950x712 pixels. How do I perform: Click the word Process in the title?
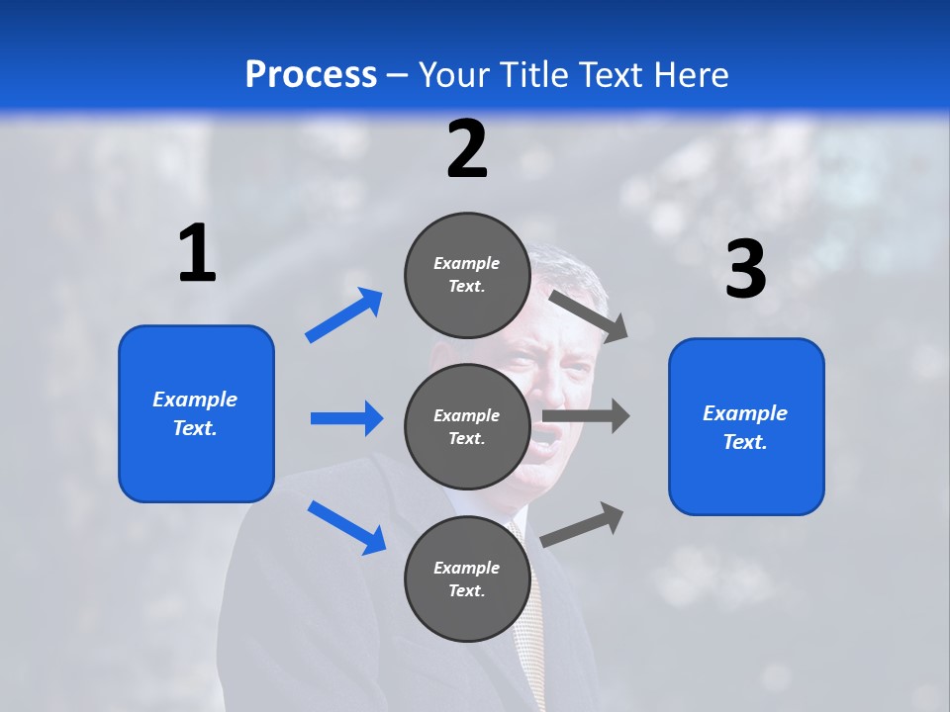[x=311, y=74]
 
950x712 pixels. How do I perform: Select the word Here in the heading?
[x=692, y=74]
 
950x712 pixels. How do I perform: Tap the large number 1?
[x=197, y=253]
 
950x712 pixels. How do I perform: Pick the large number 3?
[x=745, y=270]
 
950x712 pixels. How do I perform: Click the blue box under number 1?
[x=196, y=413]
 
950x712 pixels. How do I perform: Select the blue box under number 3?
[x=746, y=426]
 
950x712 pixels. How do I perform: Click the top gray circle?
[x=467, y=275]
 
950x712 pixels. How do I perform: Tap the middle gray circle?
[x=467, y=427]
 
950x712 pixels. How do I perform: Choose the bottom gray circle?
[x=467, y=578]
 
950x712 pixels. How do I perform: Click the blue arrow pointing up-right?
[x=344, y=314]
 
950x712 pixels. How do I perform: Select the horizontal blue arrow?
[x=346, y=418]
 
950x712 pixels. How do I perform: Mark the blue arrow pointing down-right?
[x=346, y=527]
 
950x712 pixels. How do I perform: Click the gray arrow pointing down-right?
[x=589, y=315]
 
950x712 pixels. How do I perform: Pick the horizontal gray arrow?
[x=586, y=415]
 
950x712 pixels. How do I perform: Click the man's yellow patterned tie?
[x=529, y=633]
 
